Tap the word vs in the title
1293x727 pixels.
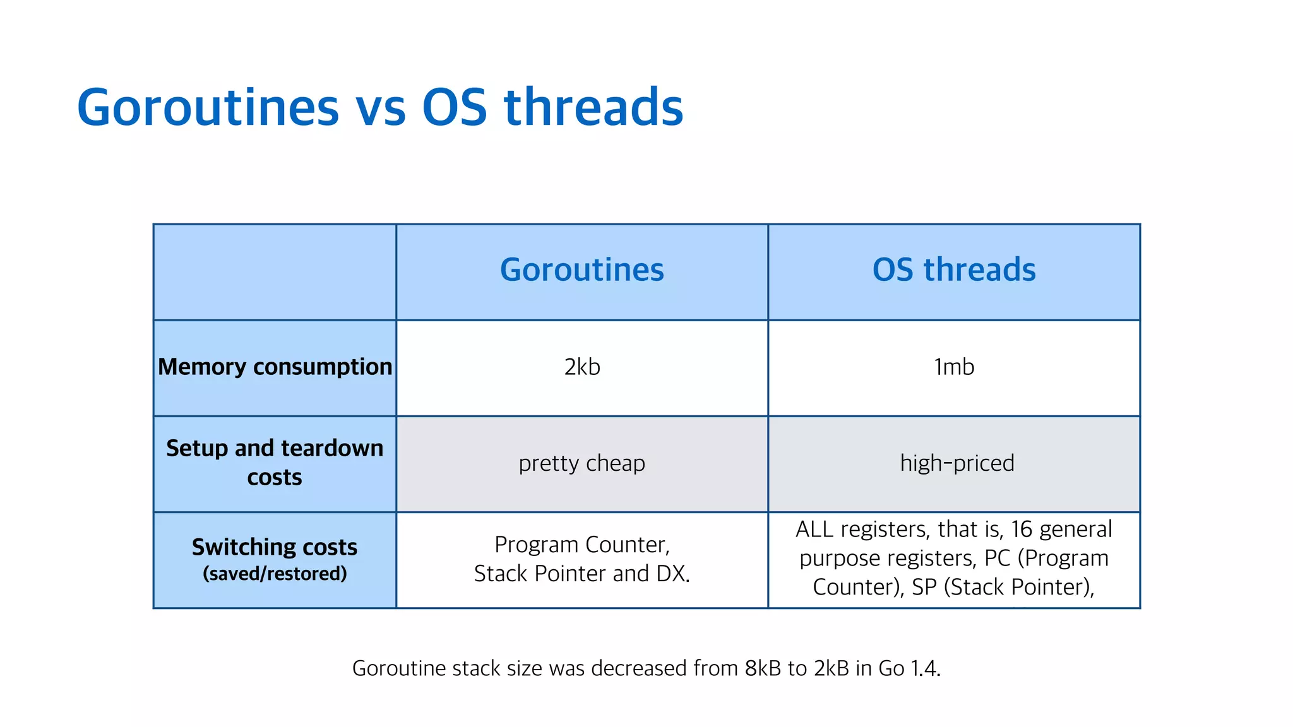click(381, 109)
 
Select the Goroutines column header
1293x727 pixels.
click(581, 270)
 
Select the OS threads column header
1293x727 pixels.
click(953, 270)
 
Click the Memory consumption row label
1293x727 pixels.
click(275, 367)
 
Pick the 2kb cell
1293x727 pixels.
click(581, 367)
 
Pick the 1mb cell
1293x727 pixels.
click(953, 367)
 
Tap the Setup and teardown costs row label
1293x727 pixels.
click(275, 463)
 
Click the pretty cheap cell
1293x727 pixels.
click(581, 464)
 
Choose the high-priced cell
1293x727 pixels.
click(956, 464)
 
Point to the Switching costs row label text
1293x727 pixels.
click(275, 547)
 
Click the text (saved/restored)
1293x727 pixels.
click(275, 574)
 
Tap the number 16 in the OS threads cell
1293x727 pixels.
click(1022, 529)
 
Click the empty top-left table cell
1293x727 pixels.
click(275, 272)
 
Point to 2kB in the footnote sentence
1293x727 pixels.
click(831, 668)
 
